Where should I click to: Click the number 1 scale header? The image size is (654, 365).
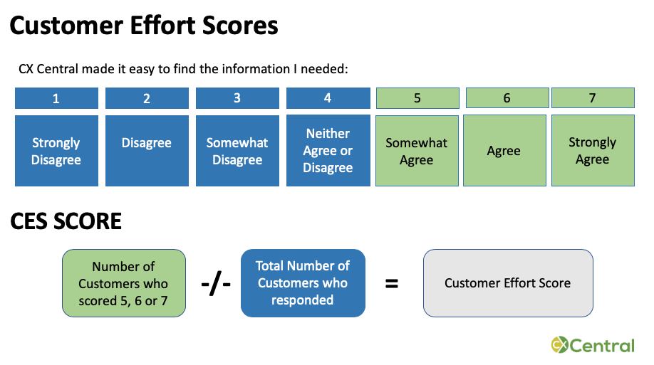click(56, 98)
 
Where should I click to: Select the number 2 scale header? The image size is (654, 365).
click(147, 98)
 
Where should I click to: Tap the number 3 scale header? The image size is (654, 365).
click(237, 98)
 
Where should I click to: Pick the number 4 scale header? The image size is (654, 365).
click(328, 98)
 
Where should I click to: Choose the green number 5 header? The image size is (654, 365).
click(417, 98)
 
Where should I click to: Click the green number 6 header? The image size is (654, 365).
click(507, 98)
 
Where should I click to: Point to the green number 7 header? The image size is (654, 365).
click(592, 98)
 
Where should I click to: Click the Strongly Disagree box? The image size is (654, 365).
click(56, 151)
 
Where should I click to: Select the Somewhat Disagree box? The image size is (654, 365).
click(237, 151)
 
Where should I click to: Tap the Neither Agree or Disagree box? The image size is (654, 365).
click(328, 151)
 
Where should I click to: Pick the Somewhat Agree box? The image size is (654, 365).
click(417, 151)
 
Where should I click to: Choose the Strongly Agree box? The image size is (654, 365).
click(592, 151)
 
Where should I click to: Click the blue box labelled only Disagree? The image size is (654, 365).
click(147, 151)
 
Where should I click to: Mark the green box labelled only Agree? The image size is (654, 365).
click(504, 151)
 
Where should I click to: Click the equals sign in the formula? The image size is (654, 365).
click(391, 283)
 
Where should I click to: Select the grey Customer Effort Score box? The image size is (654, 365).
click(508, 283)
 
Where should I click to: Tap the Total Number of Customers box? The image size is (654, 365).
click(303, 283)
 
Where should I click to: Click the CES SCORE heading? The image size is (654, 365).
click(66, 221)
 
